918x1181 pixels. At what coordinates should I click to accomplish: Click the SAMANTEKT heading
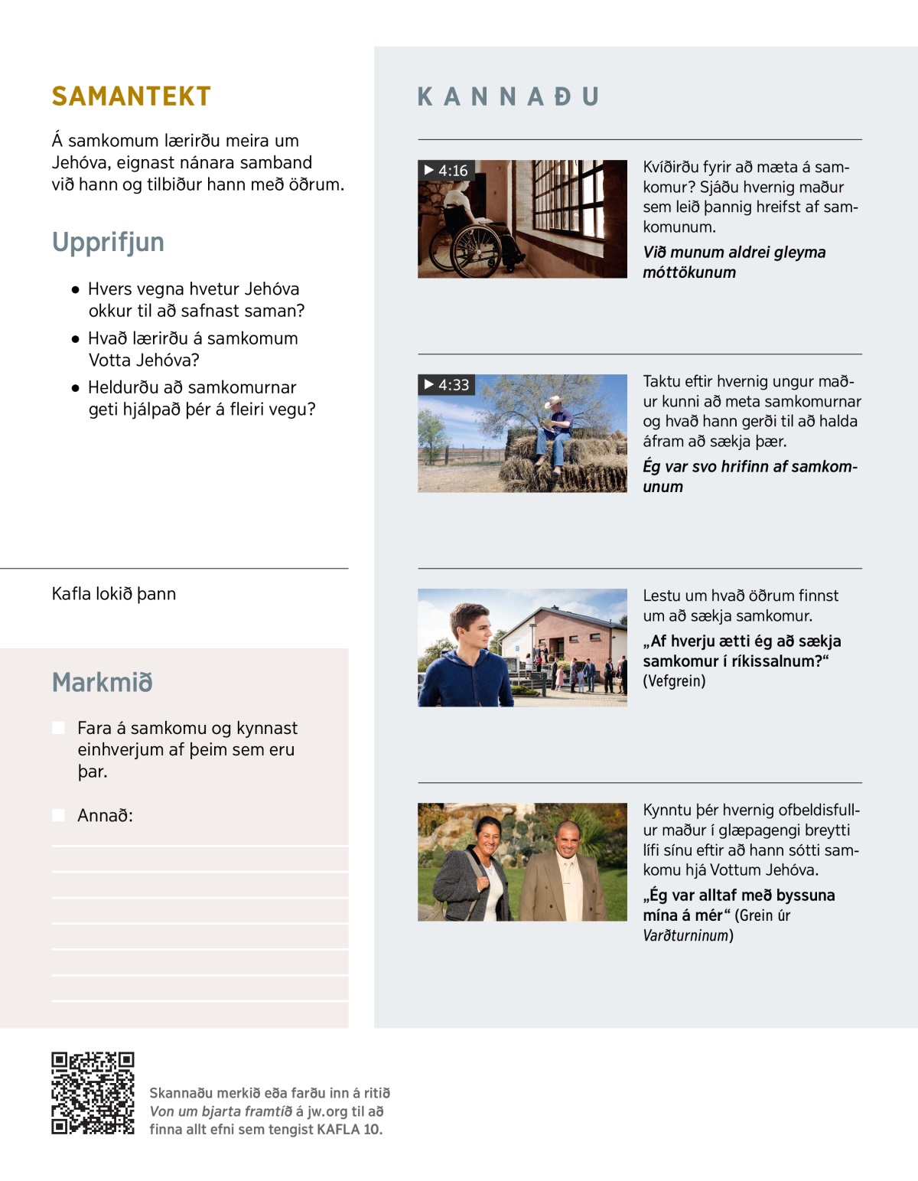tap(131, 96)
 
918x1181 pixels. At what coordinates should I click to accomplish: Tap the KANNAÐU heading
tap(508, 96)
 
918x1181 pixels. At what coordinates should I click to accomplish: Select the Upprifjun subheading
tap(108, 242)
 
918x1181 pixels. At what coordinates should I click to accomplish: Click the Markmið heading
tap(102, 682)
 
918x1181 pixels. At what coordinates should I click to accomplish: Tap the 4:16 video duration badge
tap(446, 171)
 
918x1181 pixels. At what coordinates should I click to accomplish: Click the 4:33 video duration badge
tap(447, 385)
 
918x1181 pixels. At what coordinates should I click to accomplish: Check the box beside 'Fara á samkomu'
tap(58, 728)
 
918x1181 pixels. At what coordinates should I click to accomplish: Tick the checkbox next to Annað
tap(58, 815)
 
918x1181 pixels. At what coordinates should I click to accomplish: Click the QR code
tap(93, 1093)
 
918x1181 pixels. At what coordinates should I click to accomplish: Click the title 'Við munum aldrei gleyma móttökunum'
tap(734, 263)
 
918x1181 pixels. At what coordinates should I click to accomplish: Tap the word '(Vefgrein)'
tap(674, 681)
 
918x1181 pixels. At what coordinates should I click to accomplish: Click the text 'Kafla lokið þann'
tap(114, 594)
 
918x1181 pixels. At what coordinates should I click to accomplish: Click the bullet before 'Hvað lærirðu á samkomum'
tap(75, 339)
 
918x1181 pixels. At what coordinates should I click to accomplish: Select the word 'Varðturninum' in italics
tap(685, 935)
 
